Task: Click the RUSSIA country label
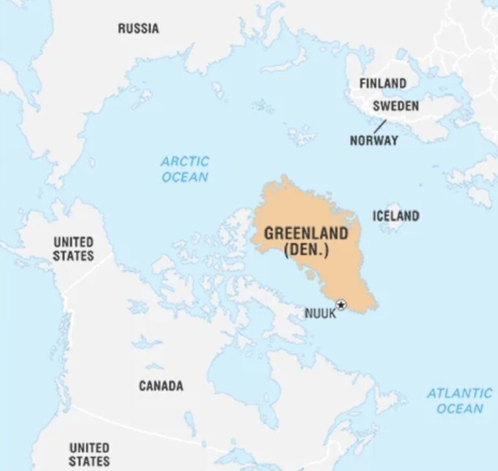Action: coord(138,29)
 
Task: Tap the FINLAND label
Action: coord(383,84)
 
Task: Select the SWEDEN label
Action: coord(396,106)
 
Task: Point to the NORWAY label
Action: coord(374,140)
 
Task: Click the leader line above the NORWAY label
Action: coord(379,125)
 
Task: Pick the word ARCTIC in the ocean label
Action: coord(185,161)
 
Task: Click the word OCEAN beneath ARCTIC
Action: coord(185,177)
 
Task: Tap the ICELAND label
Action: coord(396,216)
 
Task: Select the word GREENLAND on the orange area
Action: coord(305,234)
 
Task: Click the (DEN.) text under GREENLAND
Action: coord(305,249)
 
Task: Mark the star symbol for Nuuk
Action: coord(341,305)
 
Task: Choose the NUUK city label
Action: coord(320,314)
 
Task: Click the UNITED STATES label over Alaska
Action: coord(73,248)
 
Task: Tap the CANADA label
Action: coord(161,386)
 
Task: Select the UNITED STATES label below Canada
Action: coord(89,454)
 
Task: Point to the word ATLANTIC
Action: coord(460,393)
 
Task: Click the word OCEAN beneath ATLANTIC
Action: coord(460,409)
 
